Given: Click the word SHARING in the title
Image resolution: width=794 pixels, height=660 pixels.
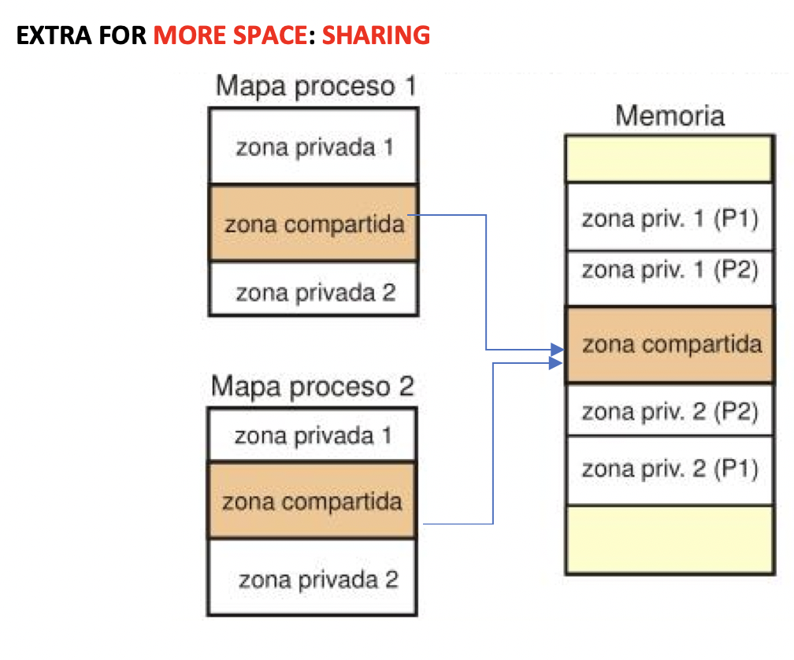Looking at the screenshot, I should pyautogui.click(x=377, y=35).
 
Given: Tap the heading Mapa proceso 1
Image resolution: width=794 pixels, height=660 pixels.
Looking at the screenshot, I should pyautogui.click(x=315, y=86).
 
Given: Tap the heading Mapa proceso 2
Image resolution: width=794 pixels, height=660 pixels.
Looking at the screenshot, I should pyautogui.click(x=313, y=387).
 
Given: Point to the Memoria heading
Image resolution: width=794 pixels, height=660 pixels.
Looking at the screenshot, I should pyautogui.click(x=670, y=116).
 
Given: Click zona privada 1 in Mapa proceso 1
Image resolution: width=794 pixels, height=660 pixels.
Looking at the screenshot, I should pyautogui.click(x=314, y=147).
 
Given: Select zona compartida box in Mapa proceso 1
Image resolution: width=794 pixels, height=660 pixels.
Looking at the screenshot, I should pyautogui.click(x=314, y=224).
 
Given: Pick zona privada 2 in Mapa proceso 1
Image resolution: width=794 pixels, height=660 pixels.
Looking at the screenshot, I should pyautogui.click(x=314, y=291).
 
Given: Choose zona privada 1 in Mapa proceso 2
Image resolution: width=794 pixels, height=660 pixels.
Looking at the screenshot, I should pyautogui.click(x=312, y=436).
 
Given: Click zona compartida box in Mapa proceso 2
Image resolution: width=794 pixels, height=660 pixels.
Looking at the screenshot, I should pyautogui.click(x=312, y=501).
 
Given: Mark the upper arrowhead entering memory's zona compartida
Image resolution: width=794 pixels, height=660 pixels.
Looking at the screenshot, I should pyautogui.click(x=556, y=349).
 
